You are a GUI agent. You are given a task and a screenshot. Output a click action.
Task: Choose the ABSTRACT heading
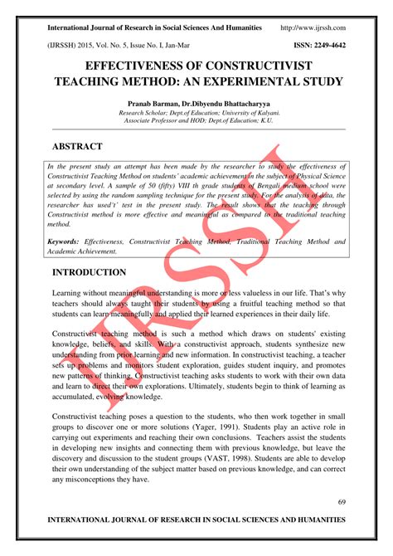(77, 146)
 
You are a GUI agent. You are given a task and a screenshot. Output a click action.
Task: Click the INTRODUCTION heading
(89, 273)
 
